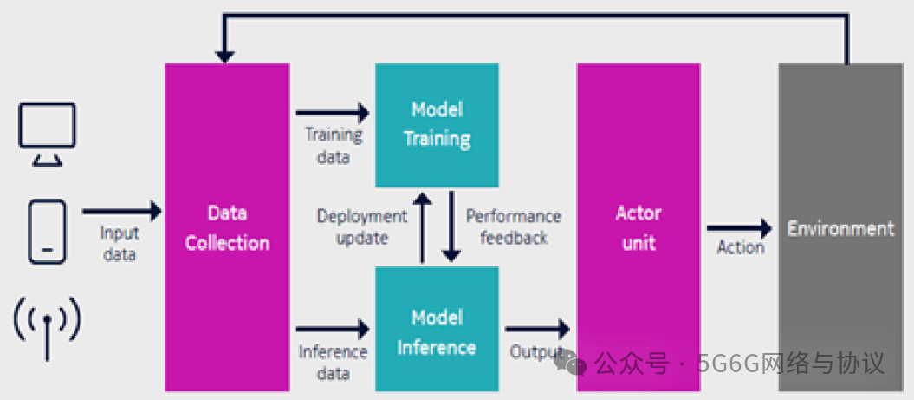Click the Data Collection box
(x=227, y=227)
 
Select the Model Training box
(x=437, y=125)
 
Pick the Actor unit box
(x=638, y=227)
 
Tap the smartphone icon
(x=47, y=232)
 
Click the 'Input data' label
(x=120, y=244)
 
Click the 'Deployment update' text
(x=362, y=226)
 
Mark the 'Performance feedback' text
(x=513, y=226)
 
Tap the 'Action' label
(x=741, y=248)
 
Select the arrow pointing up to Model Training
(x=422, y=227)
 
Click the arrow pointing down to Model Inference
(x=451, y=227)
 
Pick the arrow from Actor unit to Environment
(x=739, y=229)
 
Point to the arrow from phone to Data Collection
(x=122, y=211)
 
